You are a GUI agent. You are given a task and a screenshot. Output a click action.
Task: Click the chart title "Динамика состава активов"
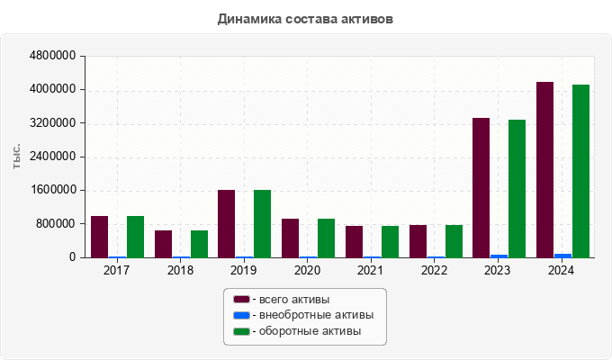(305, 18)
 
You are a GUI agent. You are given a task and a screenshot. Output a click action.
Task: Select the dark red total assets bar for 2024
(544, 169)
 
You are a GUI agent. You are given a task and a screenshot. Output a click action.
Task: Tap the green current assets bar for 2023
(517, 188)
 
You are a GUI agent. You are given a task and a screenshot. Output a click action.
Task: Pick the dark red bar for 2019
(226, 223)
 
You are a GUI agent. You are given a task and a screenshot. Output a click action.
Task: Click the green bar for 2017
(135, 237)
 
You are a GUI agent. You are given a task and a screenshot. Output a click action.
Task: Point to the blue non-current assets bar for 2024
(562, 256)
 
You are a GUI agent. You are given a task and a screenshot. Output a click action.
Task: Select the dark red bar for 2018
(163, 244)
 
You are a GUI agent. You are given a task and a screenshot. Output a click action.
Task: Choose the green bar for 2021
(390, 241)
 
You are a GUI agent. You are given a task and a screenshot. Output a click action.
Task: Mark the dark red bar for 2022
(418, 241)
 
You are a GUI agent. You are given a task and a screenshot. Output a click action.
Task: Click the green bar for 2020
(326, 238)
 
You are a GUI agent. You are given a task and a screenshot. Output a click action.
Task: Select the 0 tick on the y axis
(72, 257)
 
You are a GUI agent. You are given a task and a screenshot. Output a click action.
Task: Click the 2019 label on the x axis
(244, 270)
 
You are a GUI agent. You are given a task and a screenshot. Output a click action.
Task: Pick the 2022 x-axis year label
(435, 270)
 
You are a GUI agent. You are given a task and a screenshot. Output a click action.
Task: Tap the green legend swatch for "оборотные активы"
(241, 332)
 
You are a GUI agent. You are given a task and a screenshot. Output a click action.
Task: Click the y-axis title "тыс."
(17, 156)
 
